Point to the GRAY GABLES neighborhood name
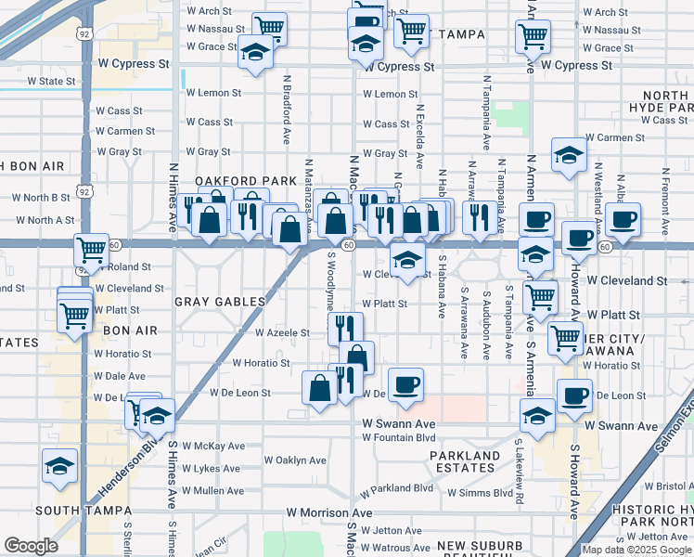(221, 302)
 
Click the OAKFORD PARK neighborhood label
(231, 180)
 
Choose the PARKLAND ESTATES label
(464, 461)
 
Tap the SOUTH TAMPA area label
(79, 511)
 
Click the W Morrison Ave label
(328, 512)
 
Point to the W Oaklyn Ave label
(295, 460)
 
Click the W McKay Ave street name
(213, 446)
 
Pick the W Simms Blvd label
(480, 492)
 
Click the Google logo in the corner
(32, 546)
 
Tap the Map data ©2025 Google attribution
(636, 550)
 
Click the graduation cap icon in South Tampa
(60, 466)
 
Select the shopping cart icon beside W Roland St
(91, 250)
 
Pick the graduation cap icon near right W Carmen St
(569, 154)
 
